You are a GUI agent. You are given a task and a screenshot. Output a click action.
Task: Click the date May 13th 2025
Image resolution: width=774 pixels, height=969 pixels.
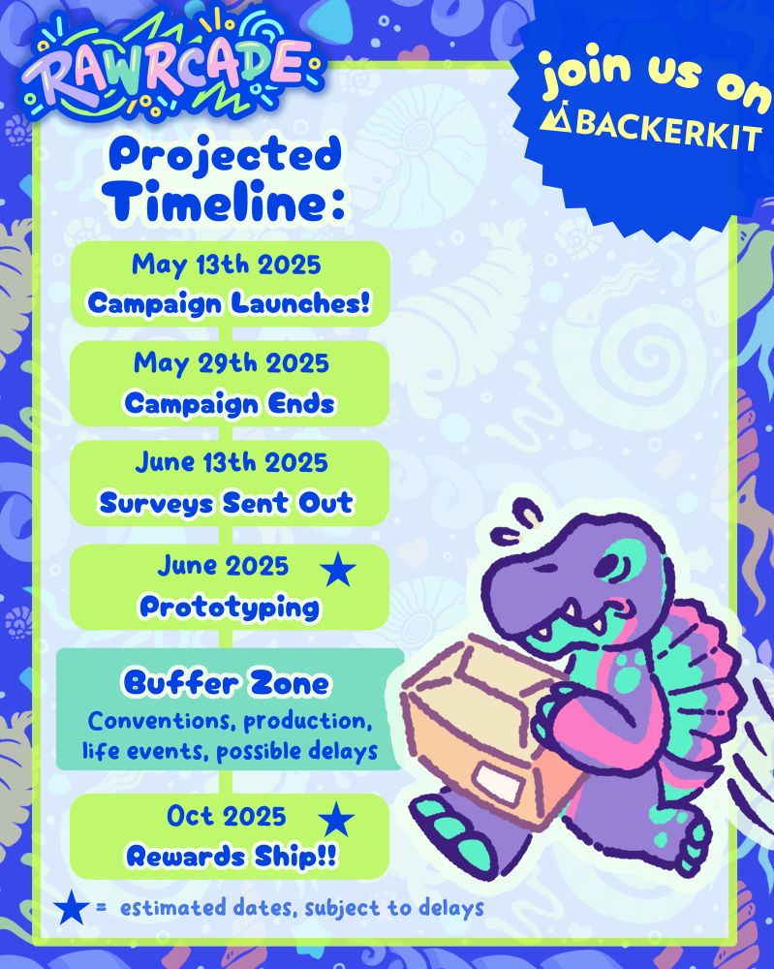coord(226,266)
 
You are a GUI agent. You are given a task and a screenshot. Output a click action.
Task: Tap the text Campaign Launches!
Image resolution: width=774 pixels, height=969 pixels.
coord(230,303)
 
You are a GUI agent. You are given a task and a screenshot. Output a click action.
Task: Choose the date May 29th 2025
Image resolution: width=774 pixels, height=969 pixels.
coord(231,362)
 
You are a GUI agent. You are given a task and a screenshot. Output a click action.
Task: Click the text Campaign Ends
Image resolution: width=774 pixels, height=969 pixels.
coord(230,404)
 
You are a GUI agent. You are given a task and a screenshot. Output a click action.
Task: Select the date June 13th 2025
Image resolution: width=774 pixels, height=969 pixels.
coord(231,462)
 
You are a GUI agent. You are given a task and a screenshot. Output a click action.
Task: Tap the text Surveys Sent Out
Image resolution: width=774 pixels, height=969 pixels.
coord(226,502)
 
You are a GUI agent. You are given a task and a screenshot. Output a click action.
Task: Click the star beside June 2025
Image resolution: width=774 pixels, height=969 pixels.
coord(338,570)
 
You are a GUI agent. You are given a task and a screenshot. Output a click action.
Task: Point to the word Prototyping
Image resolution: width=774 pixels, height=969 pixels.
coord(230,607)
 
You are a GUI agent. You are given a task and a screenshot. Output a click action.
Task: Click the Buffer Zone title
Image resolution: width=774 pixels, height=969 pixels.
coord(226,683)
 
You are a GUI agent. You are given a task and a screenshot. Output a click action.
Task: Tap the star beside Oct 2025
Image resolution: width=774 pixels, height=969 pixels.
coord(337,820)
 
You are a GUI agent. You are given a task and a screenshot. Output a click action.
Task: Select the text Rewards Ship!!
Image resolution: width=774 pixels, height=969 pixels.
coord(232,857)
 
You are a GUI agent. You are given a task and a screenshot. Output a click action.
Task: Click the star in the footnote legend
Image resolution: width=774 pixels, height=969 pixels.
coord(71,907)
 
